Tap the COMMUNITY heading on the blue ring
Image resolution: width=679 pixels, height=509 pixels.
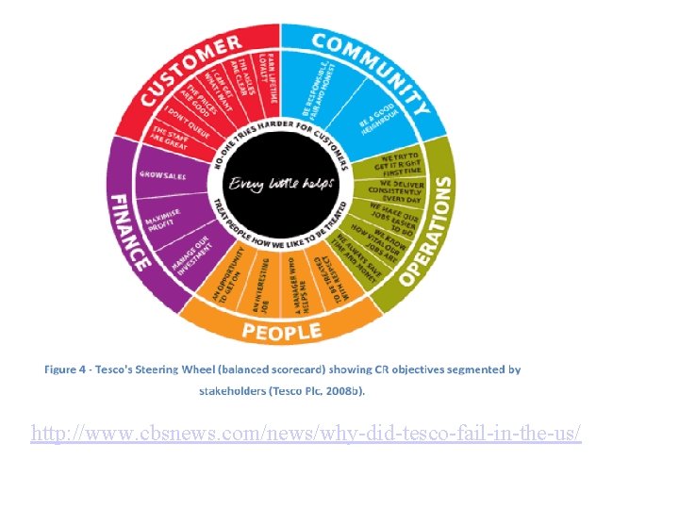369,67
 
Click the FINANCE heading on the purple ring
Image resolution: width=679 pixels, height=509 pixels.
128,232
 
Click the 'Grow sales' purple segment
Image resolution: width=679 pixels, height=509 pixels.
163,175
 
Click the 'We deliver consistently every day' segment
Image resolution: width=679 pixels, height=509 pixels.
401,189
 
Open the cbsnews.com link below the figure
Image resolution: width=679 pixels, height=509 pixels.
306,434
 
